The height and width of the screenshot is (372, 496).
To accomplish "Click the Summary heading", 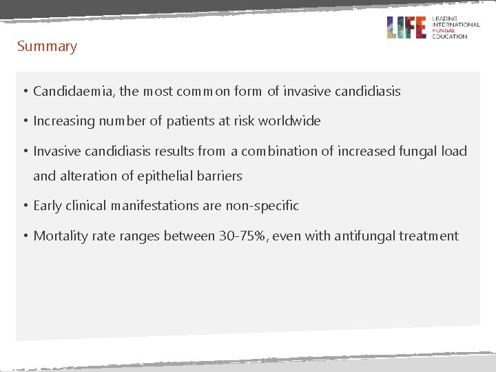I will (x=47, y=47).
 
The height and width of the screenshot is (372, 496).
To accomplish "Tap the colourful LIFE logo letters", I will (x=406, y=28).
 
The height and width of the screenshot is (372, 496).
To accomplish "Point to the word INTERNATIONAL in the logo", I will (x=455, y=24).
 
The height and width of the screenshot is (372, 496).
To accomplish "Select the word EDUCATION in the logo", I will (x=449, y=37).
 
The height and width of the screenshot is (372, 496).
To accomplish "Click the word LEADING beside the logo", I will (x=446, y=18).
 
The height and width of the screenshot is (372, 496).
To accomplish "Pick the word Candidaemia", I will (x=74, y=91).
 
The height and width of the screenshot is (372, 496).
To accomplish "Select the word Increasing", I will (x=64, y=121).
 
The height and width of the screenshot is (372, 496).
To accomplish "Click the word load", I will (x=454, y=152).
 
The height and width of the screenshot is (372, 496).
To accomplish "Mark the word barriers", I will (x=219, y=176).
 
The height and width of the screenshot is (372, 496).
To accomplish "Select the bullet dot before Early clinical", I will (x=24, y=206).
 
